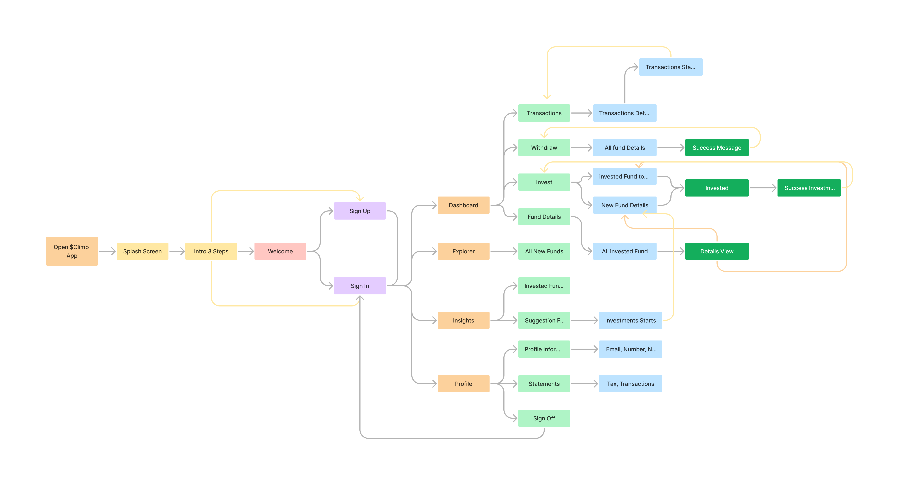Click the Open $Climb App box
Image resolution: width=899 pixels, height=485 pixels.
click(x=72, y=251)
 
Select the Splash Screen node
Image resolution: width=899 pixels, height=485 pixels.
click(x=142, y=251)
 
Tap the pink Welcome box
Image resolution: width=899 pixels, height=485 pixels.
click(x=280, y=251)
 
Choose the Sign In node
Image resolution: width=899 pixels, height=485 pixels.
click(x=360, y=286)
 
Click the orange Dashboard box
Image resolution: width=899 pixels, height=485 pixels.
click(x=463, y=205)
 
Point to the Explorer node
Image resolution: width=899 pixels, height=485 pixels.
click(x=463, y=251)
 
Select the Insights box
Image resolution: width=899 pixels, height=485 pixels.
click(x=463, y=320)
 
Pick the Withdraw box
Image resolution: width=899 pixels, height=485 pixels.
click(x=544, y=148)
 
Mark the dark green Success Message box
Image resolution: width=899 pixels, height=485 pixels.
click(x=717, y=148)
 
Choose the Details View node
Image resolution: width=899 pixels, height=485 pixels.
click(x=717, y=251)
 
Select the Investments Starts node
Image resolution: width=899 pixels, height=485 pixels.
click(x=630, y=320)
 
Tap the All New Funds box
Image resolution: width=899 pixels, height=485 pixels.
click(x=544, y=251)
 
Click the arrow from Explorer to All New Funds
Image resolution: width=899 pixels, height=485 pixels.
click(x=504, y=251)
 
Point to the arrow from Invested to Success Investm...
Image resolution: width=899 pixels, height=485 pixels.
click(x=763, y=188)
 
